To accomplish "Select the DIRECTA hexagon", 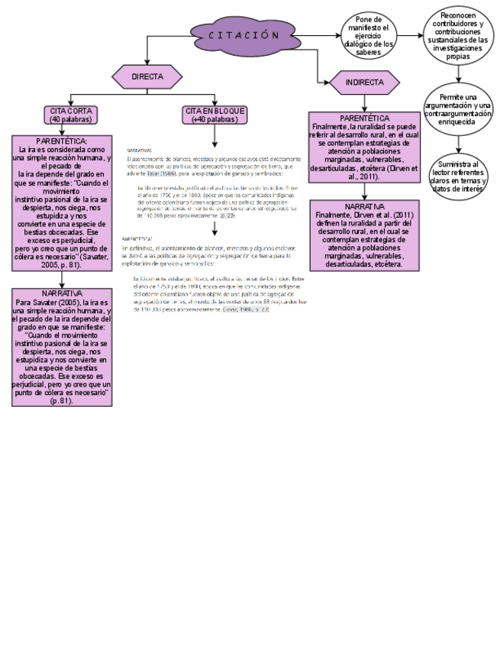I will pyautogui.click(x=147, y=77).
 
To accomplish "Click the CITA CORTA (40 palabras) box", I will pyautogui.click(x=71, y=115).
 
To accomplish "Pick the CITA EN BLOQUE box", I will pyautogui.click(x=215, y=115).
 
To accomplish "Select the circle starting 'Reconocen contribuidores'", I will pyautogui.click(x=458, y=36).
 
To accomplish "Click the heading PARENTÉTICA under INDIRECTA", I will pyautogui.click(x=364, y=118).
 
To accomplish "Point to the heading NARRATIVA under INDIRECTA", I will pyautogui.click(x=364, y=207).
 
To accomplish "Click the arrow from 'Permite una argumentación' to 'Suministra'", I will pyautogui.click(x=459, y=144).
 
